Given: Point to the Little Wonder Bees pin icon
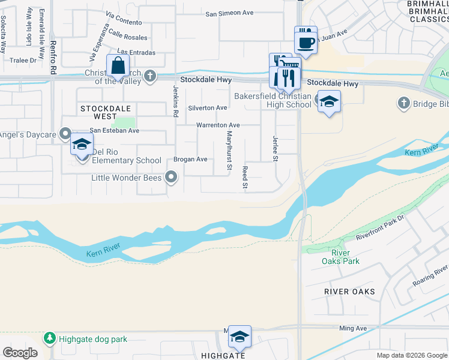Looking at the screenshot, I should point(172,176).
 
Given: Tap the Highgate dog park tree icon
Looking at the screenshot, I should point(49,339).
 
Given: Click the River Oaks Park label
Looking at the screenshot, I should point(340,257).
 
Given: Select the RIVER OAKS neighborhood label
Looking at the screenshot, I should point(349,292).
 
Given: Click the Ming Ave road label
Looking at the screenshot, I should point(352,328).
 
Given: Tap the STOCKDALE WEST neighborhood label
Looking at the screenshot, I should point(98,112).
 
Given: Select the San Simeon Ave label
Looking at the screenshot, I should point(229,13).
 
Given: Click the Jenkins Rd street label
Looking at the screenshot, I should point(176,101).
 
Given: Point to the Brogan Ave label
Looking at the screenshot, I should point(190,160).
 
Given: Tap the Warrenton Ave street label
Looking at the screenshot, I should point(218,125).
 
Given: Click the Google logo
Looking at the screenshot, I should point(20,353).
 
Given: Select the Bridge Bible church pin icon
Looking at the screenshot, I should point(403,104).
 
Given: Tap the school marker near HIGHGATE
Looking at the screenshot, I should point(240,337).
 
